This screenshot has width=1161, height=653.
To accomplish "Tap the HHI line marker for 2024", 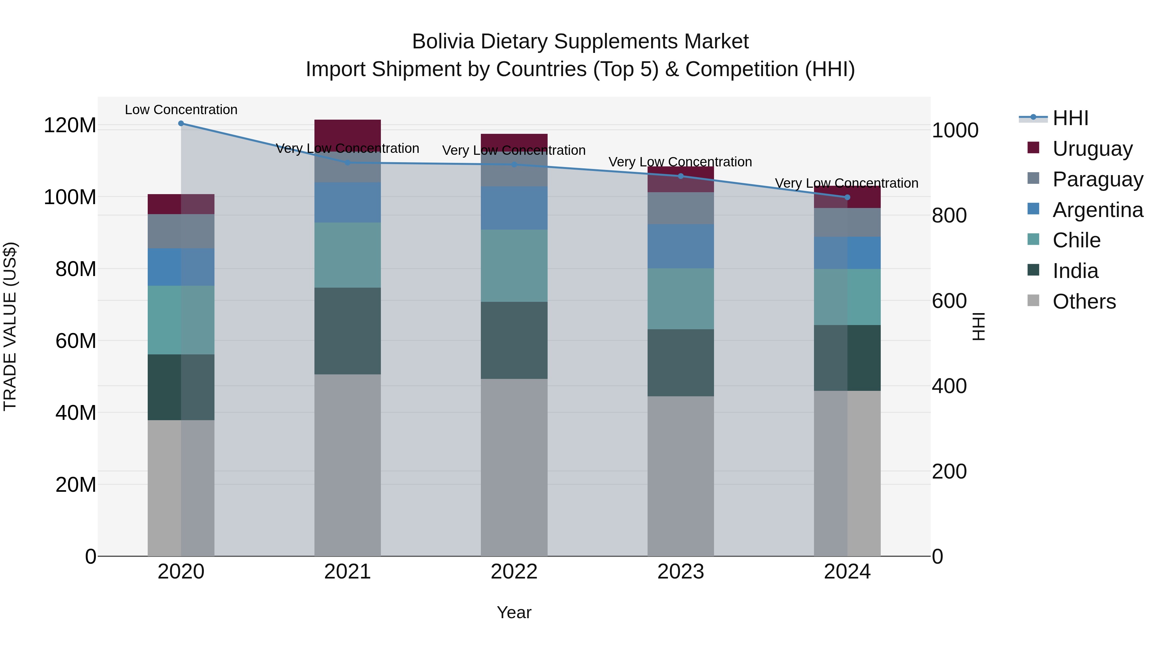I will point(847,197).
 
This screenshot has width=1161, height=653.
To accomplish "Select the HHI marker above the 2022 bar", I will point(514,164).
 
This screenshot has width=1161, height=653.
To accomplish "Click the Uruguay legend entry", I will point(1092,149).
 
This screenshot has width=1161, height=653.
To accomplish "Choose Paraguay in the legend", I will point(1097,179).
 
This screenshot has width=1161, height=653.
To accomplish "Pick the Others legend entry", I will point(1084,302).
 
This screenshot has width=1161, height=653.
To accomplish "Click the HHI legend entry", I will point(1070,118).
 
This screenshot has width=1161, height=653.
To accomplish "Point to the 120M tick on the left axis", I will point(70,125).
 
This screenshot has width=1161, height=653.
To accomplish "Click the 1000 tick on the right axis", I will point(955,131).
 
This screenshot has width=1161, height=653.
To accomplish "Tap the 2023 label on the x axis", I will point(680,572).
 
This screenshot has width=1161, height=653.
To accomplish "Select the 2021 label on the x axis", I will point(347,572).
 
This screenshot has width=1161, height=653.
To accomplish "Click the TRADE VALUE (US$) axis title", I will point(10,326).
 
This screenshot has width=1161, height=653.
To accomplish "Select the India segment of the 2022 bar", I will point(514,340).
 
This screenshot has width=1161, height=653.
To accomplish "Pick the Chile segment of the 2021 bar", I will point(347,255).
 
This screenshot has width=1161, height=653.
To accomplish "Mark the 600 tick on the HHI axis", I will point(949,301).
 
